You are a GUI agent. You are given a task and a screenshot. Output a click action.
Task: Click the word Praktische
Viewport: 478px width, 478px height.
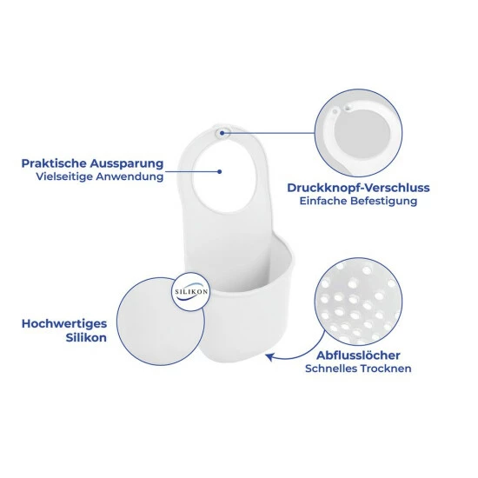[x=54, y=163]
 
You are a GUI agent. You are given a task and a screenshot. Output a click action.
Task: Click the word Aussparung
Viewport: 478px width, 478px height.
[x=127, y=164]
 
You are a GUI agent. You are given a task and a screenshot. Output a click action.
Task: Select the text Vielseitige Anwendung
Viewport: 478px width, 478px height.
[x=100, y=176]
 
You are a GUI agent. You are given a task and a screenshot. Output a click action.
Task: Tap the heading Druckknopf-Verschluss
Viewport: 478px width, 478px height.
[x=358, y=188]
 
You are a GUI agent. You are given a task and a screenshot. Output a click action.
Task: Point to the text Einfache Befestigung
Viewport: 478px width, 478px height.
[x=358, y=202]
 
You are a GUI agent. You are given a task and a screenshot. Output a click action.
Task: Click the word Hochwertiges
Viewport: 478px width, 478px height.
[x=64, y=324]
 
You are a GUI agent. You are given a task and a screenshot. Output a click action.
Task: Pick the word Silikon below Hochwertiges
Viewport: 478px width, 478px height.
[x=86, y=338]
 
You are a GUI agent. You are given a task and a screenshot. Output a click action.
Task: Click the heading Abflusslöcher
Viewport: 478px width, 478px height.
[x=358, y=355]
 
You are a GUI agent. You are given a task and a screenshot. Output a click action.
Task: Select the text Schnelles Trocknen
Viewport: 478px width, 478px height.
[x=358, y=368]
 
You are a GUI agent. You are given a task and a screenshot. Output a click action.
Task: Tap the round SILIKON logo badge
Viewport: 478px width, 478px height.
[x=191, y=292]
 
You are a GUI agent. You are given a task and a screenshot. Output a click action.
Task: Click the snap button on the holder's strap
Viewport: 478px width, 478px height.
[x=222, y=133]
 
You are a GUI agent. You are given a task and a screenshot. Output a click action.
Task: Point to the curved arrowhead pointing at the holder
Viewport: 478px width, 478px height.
[x=269, y=356]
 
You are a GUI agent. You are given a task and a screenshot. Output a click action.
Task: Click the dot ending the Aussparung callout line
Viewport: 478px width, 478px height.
[x=220, y=171]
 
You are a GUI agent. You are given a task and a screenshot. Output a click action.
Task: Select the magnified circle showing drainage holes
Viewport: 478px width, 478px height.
[x=358, y=302]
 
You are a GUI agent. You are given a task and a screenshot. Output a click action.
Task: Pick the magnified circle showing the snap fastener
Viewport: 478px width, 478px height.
[x=358, y=133]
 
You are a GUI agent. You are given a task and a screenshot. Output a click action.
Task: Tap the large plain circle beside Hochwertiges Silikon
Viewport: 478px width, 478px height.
[x=161, y=322]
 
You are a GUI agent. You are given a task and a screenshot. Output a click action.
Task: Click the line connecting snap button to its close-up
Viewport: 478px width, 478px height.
[x=269, y=133]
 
